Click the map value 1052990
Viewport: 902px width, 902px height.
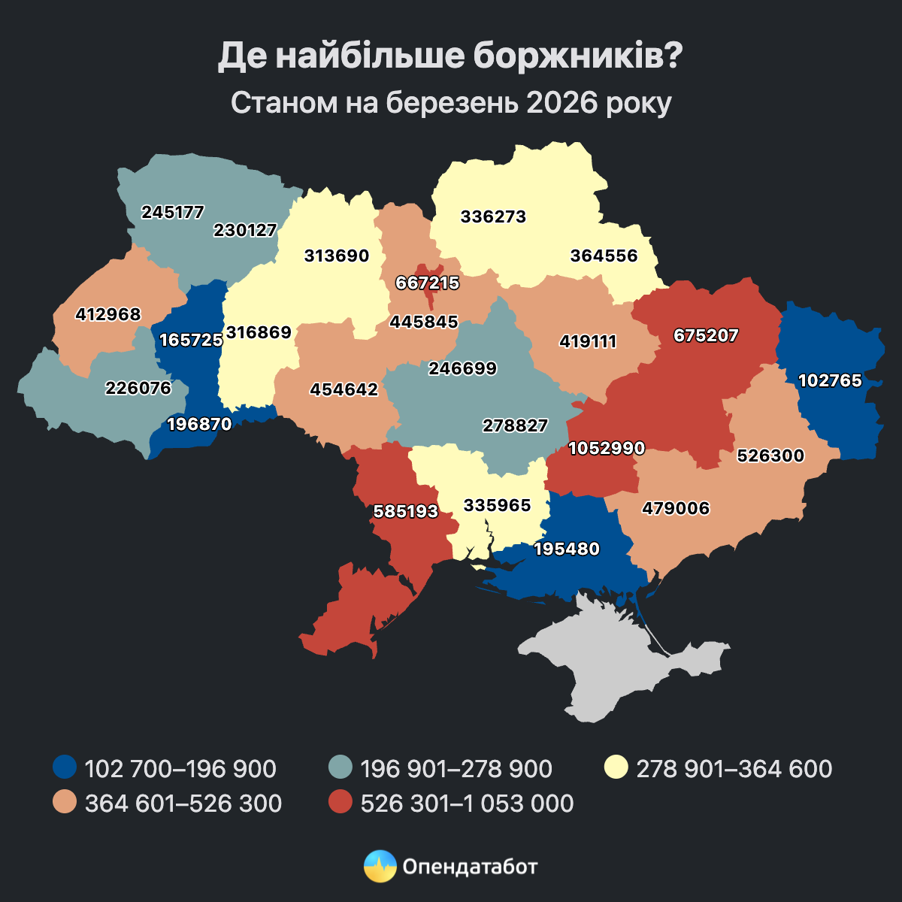(x=607, y=449)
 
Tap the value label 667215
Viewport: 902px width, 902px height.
(x=428, y=283)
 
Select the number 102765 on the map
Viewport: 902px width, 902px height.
(x=830, y=380)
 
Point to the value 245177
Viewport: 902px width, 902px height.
(x=173, y=212)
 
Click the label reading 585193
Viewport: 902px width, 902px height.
(x=406, y=511)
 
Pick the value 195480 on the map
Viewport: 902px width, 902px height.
(x=567, y=549)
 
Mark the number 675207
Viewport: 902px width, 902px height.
(x=706, y=335)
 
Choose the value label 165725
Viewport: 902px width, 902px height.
(x=191, y=340)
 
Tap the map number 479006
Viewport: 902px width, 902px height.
(x=676, y=509)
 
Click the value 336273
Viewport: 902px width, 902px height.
(x=493, y=217)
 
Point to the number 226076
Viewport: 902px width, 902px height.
(x=138, y=388)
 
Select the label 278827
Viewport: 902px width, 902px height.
(x=515, y=425)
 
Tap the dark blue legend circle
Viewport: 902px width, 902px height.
(x=65, y=768)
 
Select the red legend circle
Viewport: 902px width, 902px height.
(x=341, y=803)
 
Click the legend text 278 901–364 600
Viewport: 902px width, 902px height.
(x=734, y=769)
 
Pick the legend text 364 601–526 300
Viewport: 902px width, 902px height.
(x=183, y=804)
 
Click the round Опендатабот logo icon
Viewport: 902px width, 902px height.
(x=380, y=866)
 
